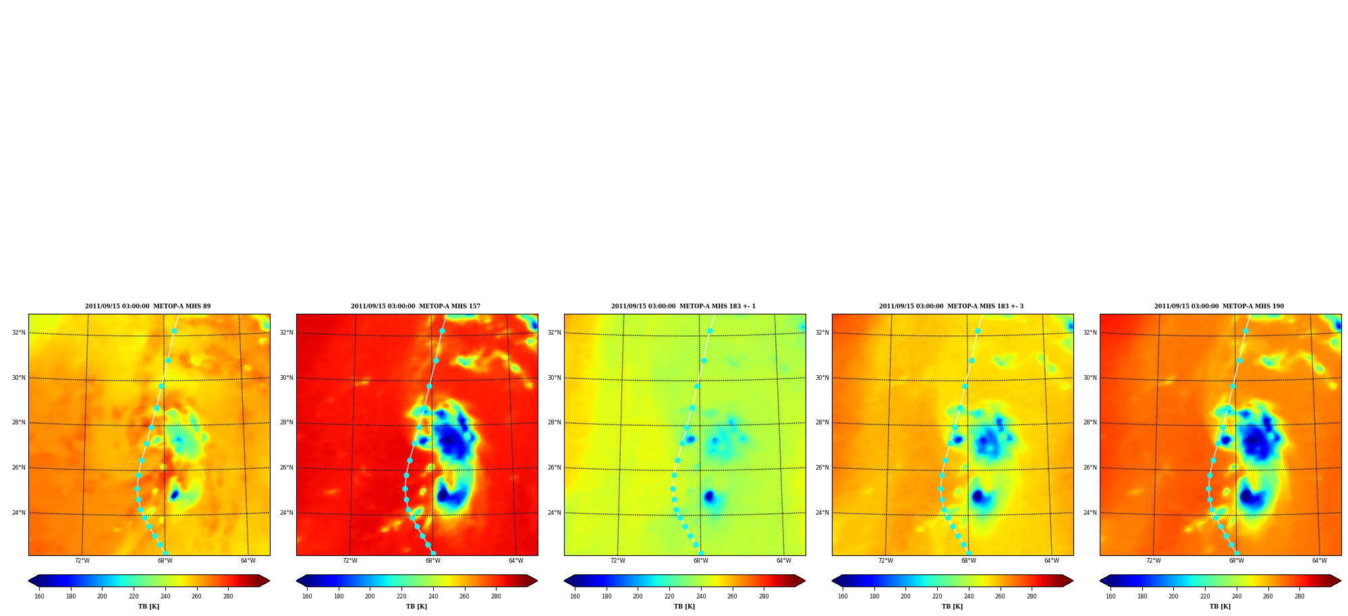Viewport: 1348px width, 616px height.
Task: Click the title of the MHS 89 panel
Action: coord(148,306)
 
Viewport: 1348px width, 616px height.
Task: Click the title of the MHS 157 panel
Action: coord(416,306)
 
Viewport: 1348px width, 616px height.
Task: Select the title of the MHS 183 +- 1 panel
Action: coord(683,306)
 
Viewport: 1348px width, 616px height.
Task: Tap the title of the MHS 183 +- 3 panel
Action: coord(951,306)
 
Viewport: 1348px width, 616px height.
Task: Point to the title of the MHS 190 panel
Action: coord(1219,306)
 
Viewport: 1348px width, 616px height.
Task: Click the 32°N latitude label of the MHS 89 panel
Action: coord(18,333)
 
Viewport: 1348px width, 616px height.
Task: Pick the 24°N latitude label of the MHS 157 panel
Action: coord(286,513)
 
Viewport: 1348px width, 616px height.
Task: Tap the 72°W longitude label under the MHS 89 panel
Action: coord(82,561)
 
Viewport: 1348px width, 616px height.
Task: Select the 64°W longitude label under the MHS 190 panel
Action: coord(1319,561)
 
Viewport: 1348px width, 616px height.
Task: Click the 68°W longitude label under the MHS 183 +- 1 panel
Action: coord(700,561)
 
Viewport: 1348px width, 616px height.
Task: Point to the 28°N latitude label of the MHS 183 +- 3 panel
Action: coord(822,423)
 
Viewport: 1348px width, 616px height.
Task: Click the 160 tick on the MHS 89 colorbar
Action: coord(39,596)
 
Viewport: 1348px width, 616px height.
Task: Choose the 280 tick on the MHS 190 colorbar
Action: coord(1299,596)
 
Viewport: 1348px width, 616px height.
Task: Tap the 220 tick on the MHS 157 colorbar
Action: coord(401,596)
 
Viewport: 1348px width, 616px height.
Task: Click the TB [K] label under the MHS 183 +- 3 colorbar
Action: coord(952,607)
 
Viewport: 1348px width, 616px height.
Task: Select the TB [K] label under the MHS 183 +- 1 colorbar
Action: coord(684,607)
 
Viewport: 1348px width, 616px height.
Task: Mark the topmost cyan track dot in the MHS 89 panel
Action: coord(174,331)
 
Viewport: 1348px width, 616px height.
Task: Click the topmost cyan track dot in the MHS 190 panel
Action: coord(1245,331)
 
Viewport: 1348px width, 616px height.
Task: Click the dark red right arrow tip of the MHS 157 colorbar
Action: coord(537,581)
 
